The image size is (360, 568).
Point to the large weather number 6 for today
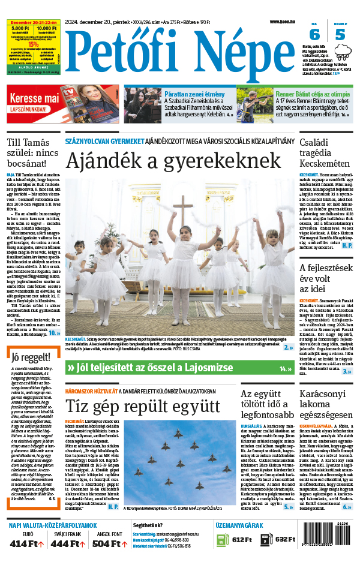coord(314,35)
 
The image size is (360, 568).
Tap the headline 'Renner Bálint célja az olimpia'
coord(313,94)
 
